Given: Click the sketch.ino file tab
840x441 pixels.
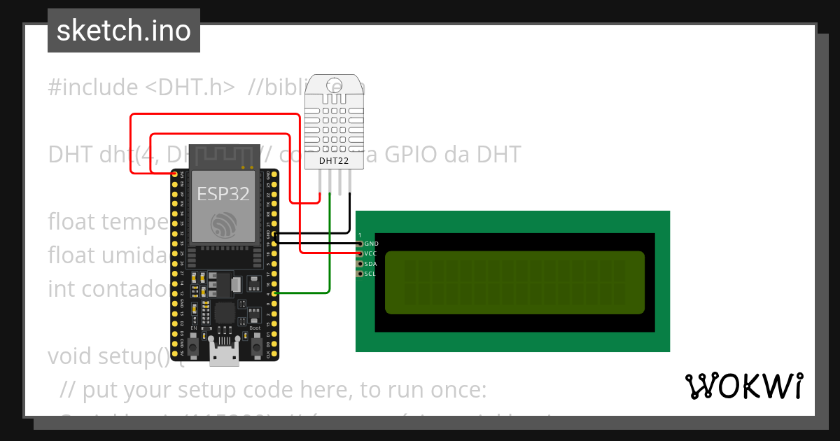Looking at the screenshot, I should (x=124, y=31).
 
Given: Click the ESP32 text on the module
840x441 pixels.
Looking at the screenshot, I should (x=223, y=193).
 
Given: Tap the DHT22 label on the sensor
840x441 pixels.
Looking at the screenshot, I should (x=334, y=161).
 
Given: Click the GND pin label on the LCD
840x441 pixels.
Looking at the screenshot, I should (x=371, y=244).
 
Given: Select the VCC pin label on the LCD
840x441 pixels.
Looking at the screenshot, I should (x=371, y=253).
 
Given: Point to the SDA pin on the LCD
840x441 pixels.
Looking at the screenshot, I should (x=360, y=264).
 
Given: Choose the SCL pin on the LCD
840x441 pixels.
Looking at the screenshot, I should (x=360, y=274).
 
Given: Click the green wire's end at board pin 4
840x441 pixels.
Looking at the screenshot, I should (x=274, y=293).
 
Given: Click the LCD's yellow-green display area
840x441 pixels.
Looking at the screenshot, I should (x=514, y=282).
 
